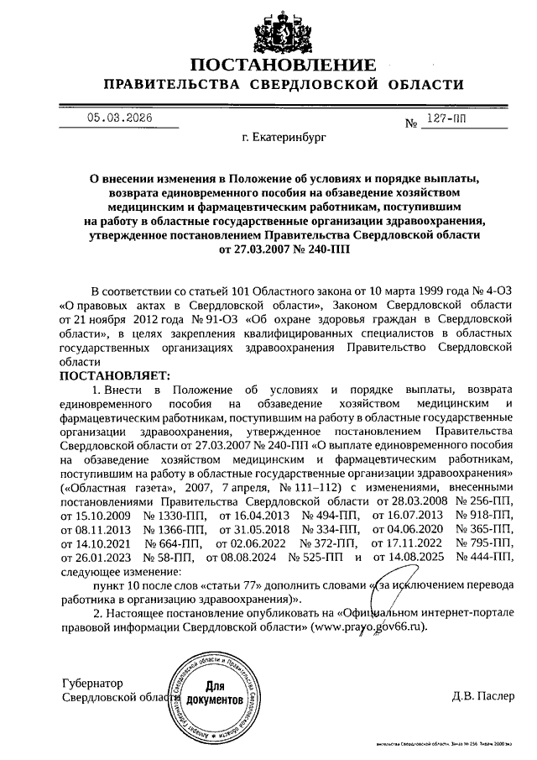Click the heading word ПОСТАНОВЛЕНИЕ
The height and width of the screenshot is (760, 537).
[x=283, y=66]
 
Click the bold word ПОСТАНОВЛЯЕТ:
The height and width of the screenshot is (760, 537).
[x=115, y=375]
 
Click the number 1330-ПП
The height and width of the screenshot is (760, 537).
[x=175, y=514]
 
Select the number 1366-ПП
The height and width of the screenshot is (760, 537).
[x=175, y=528]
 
